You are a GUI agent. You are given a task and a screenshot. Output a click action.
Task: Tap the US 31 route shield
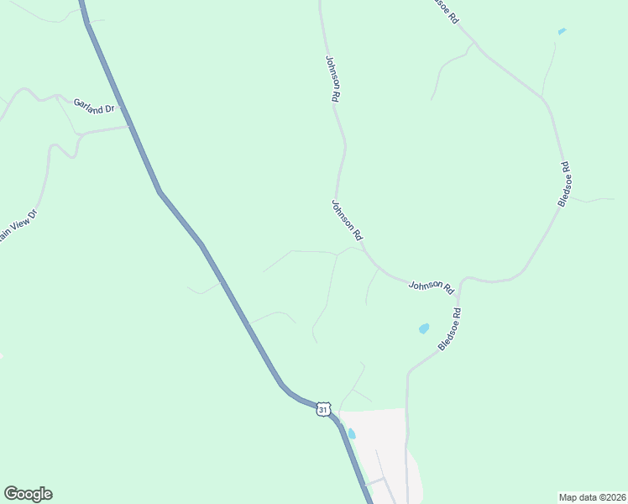(x=324, y=409)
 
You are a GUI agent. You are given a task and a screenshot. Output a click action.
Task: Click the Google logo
(x=28, y=494)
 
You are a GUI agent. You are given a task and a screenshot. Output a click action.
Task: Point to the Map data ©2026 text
(x=593, y=496)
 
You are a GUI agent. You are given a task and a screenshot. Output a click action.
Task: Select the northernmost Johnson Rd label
(x=333, y=79)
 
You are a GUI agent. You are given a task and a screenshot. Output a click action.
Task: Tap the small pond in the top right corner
(x=562, y=32)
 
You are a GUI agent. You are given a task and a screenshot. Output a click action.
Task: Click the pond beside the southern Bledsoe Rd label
(x=424, y=328)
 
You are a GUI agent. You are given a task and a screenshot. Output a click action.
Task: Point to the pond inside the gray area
(x=351, y=433)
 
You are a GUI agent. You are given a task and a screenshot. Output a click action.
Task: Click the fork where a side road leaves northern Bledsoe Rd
(x=475, y=43)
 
